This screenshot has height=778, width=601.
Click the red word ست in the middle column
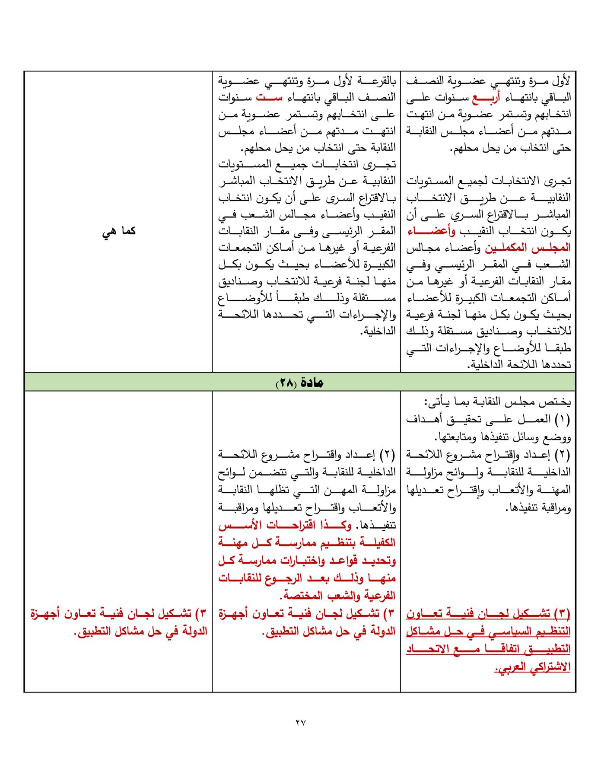coord(269,98)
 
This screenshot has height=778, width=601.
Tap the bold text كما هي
coord(119,231)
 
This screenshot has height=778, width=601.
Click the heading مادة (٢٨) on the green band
coord(300,383)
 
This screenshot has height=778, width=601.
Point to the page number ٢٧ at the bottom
coord(301,722)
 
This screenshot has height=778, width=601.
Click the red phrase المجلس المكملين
coord(528,248)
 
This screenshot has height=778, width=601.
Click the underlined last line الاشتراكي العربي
coord(532,667)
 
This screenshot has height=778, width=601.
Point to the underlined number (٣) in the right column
coord(562,613)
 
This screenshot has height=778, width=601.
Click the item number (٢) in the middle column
coord(387,455)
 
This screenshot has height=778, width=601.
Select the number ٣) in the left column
coord(200,614)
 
